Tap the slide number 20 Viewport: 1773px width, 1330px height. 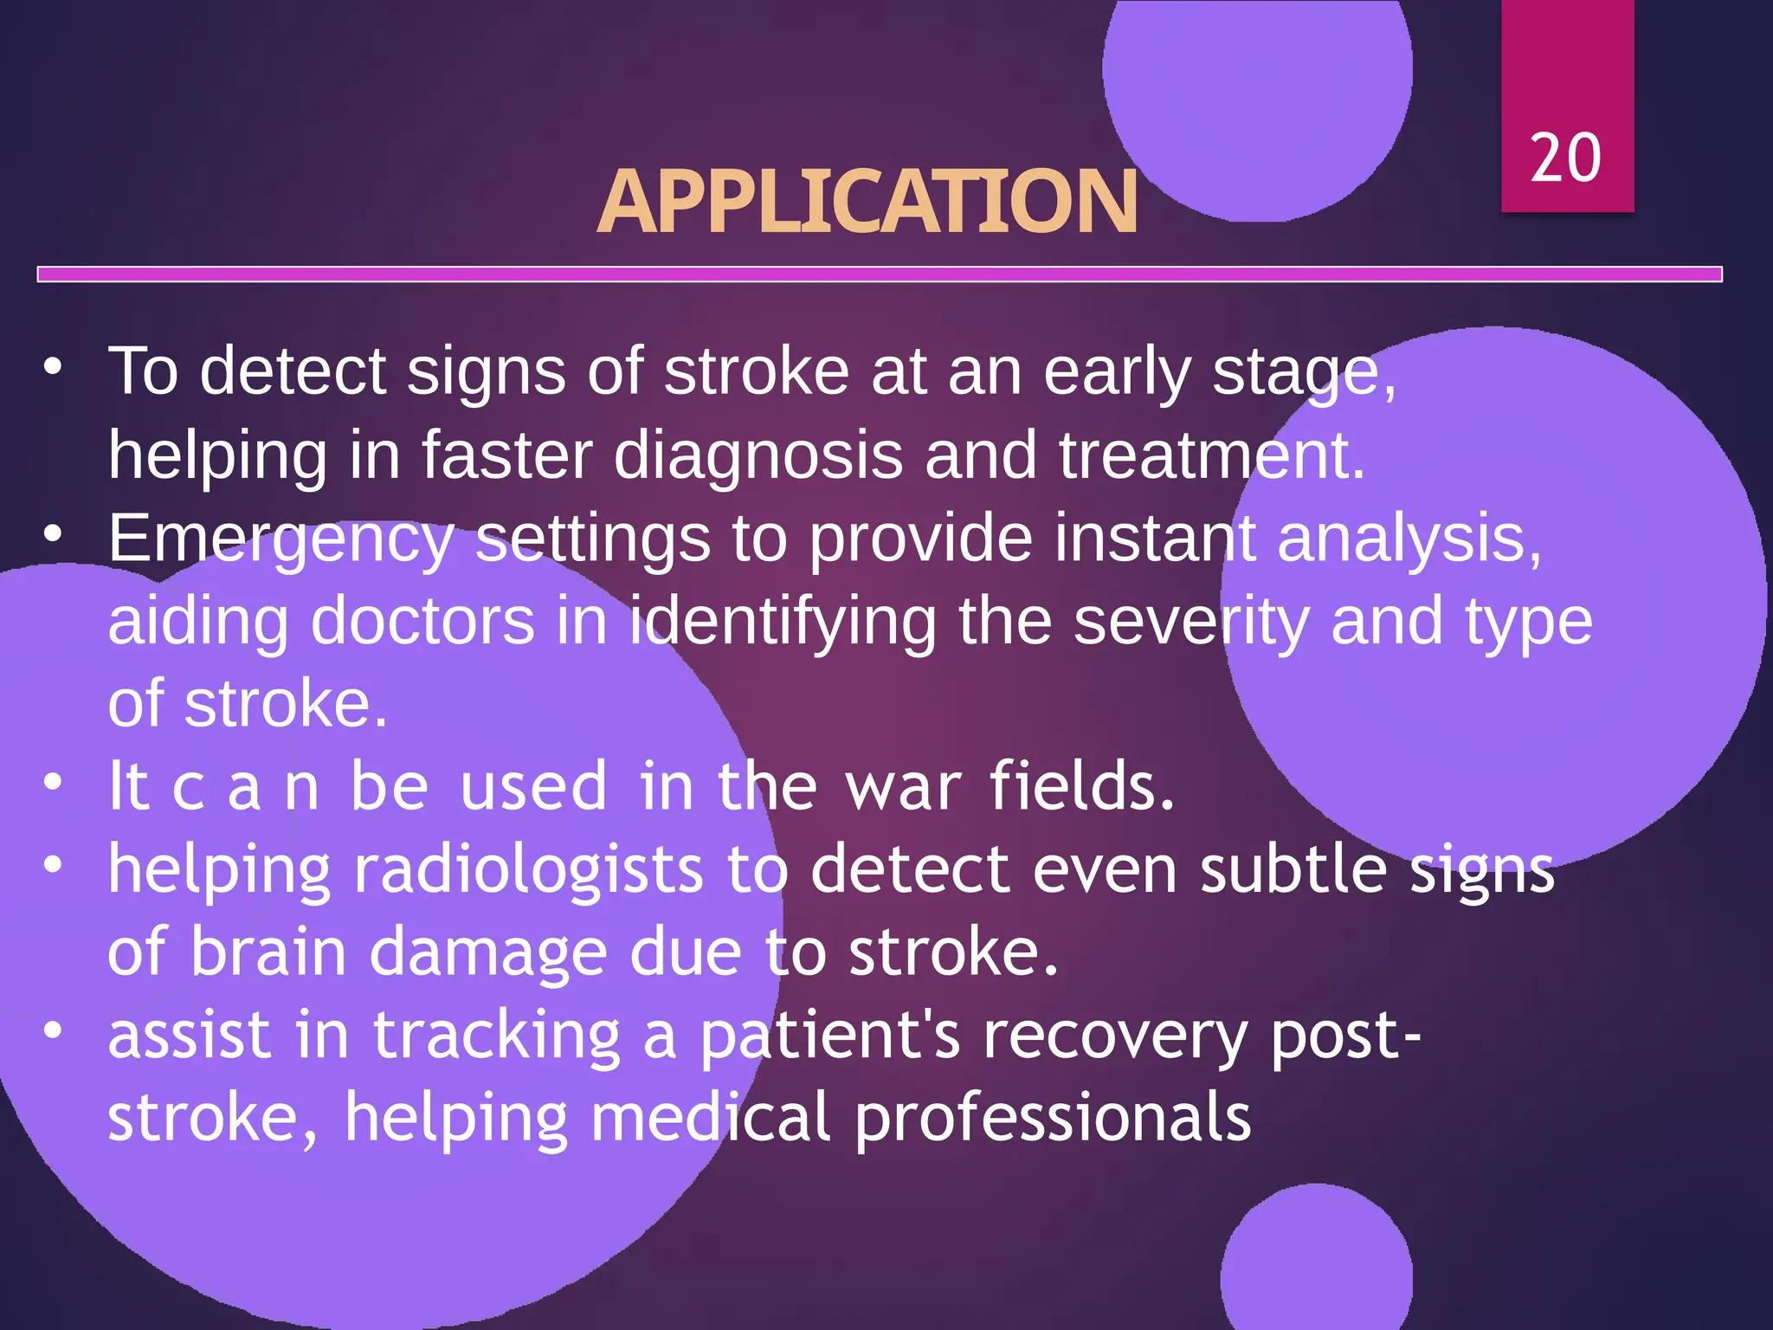tap(1565, 158)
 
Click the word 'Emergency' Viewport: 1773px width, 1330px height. tap(280, 539)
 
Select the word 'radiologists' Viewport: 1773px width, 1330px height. tap(528, 869)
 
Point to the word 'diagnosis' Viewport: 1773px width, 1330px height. tap(758, 455)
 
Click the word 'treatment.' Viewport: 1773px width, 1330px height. tap(1212, 455)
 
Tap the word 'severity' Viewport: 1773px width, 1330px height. tap(1191, 621)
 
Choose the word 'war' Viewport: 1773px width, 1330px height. tap(903, 786)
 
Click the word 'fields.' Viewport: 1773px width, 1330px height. tap(1082, 786)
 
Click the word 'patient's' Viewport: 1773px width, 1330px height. tap(829, 1036)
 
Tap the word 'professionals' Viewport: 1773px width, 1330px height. tap(1053, 1117)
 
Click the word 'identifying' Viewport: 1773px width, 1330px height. tap(783, 621)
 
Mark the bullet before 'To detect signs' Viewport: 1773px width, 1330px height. tap(54, 367)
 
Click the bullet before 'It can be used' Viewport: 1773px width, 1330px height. tap(54, 782)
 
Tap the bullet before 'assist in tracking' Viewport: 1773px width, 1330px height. tap(54, 1030)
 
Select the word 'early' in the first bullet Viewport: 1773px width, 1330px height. tap(1117, 372)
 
